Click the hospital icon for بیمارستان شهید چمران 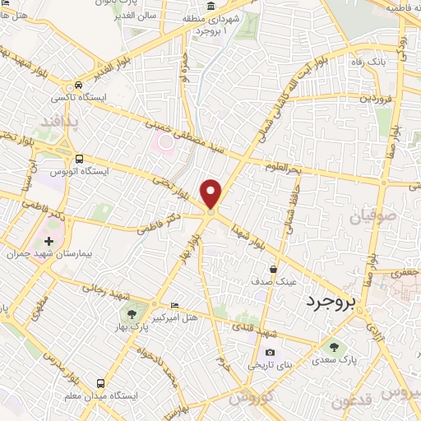tap(49, 242)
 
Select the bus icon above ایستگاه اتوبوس tap(78, 159)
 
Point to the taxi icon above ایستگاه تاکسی tap(78, 85)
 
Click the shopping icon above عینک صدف tap(274, 268)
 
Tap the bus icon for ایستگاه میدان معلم tap(100, 383)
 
